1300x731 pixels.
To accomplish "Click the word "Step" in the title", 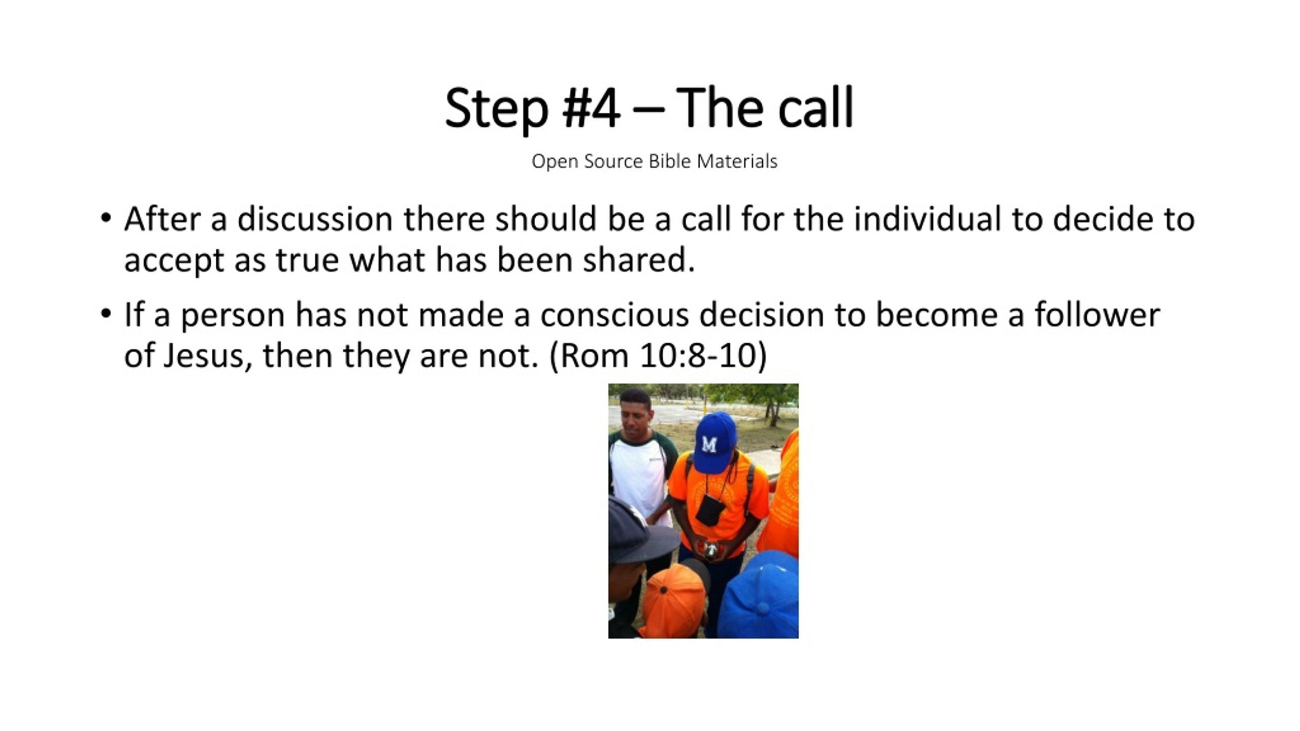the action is point(497,109).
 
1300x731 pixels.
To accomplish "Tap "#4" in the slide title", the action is point(592,108).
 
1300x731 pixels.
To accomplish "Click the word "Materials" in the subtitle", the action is point(737,161).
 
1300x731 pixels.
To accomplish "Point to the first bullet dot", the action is point(106,218).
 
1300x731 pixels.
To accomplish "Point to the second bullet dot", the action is point(106,313).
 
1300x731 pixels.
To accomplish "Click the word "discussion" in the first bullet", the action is point(315,219).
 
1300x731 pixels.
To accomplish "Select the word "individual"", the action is point(927,219).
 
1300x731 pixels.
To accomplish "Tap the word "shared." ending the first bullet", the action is point(638,260).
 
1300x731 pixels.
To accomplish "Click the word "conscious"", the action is point(614,315).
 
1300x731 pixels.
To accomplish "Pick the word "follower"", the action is point(1097,315).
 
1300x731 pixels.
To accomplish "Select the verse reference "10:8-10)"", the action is point(703,356).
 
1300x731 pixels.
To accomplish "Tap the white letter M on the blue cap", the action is point(709,445).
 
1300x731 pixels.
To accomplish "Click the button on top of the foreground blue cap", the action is point(762,608).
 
